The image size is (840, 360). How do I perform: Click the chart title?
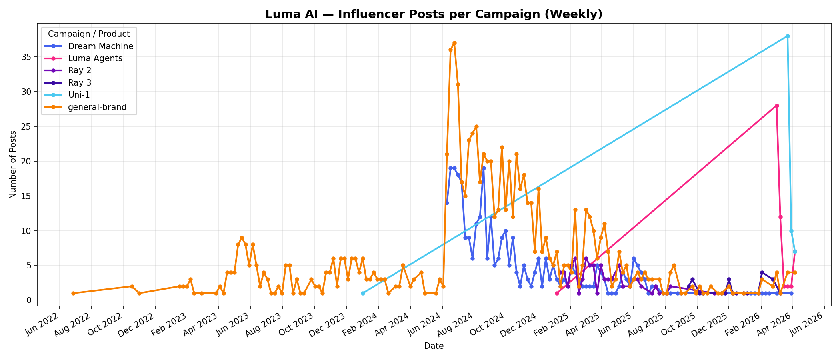[x=434, y=14]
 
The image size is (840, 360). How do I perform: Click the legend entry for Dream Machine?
[x=100, y=46]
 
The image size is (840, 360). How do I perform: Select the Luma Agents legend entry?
[x=95, y=58]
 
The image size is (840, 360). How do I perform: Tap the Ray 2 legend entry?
[x=80, y=70]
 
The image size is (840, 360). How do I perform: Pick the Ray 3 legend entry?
[x=80, y=83]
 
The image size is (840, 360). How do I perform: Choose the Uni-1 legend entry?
[x=79, y=95]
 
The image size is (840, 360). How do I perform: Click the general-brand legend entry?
[x=97, y=107]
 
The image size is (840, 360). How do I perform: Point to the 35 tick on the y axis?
[x=28, y=57]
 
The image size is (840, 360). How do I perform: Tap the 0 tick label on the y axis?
[x=31, y=300]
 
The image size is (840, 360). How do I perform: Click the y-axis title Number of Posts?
[x=13, y=164]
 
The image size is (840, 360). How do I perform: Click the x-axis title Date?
[x=434, y=346]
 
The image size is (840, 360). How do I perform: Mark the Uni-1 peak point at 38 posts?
[x=788, y=36]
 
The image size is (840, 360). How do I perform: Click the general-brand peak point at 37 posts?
[x=454, y=43]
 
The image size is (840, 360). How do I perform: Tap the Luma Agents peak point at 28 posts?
[x=777, y=106]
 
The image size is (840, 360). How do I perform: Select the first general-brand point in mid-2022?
[x=73, y=293]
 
